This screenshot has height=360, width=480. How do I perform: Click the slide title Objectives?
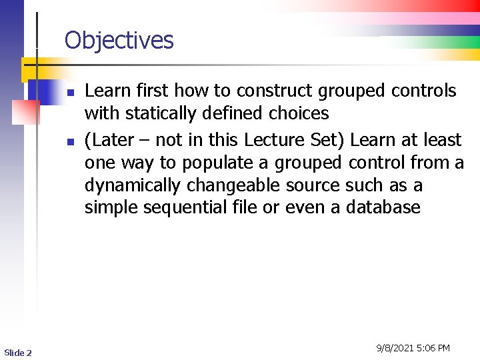119,41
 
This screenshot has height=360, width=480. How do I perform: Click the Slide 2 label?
18,352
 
